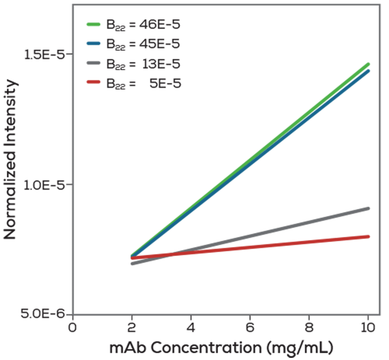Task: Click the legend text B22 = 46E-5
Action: coord(143,25)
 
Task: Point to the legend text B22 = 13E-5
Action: coord(143,64)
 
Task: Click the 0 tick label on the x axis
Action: coord(73,327)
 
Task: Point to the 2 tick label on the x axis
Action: coord(132,327)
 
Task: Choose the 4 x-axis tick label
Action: coord(191,327)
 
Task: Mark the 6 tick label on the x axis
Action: coord(250,327)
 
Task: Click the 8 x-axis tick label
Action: coord(309,327)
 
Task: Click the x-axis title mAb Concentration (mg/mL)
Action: coord(222,348)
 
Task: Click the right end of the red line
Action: coord(368,237)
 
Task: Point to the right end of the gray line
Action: coord(368,208)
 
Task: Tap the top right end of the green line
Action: coord(368,64)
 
